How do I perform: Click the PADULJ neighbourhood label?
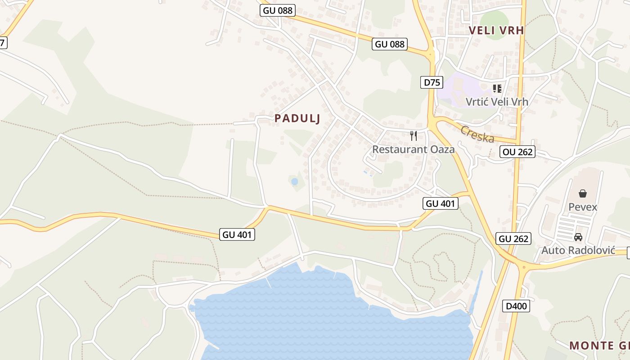[x=297, y=118]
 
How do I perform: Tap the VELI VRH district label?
[x=496, y=31]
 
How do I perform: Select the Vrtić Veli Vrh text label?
[x=497, y=102]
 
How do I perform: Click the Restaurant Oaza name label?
[x=413, y=149]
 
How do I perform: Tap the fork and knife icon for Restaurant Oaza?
[x=414, y=135]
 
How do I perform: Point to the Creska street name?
[x=477, y=134]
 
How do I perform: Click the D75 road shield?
[x=432, y=82]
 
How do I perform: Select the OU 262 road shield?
[x=517, y=152]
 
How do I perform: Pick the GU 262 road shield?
[x=513, y=238]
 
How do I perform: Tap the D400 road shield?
[x=516, y=306]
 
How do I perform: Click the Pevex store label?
[x=583, y=207]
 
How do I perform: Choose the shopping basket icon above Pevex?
[x=583, y=193]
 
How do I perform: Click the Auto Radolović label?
[x=578, y=250]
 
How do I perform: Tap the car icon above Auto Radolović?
[x=578, y=237]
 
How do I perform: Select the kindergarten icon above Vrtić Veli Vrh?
[x=497, y=88]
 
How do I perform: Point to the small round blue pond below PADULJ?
[x=294, y=181]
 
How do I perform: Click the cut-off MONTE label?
[x=599, y=346]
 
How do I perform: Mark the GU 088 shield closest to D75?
[x=390, y=44]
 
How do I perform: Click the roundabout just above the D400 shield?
[x=523, y=267]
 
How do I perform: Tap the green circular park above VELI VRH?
[x=495, y=19]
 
